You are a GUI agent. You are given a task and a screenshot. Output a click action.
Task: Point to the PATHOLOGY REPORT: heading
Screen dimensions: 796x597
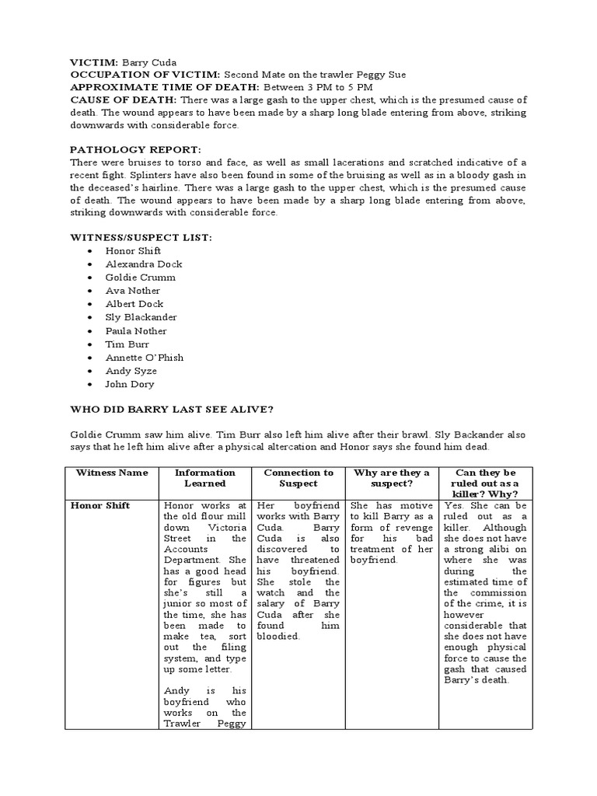pyautogui.click(x=135, y=149)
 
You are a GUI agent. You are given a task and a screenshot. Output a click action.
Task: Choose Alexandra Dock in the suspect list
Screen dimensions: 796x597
pyautogui.click(x=144, y=264)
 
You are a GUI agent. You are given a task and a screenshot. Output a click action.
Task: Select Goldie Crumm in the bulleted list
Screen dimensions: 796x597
pyautogui.click(x=140, y=278)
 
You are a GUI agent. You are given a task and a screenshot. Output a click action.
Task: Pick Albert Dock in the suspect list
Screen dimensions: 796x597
pyautogui.click(x=134, y=304)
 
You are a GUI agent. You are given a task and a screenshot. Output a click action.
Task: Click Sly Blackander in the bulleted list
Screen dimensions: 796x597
pyautogui.click(x=141, y=317)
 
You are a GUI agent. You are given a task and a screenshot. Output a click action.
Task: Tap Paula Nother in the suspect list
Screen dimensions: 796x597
pyautogui.click(x=136, y=331)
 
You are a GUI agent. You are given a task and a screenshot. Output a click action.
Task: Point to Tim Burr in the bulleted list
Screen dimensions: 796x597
pyautogui.click(x=127, y=344)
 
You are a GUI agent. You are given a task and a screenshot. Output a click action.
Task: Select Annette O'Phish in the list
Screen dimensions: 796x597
pyautogui.click(x=145, y=358)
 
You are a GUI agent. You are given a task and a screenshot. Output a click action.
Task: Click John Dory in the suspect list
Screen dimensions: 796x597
pyautogui.click(x=130, y=384)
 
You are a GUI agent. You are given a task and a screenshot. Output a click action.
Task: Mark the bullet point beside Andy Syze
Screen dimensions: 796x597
pyautogui.click(x=91, y=372)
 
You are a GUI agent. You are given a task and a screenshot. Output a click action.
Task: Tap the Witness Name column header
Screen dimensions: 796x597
pyautogui.click(x=112, y=473)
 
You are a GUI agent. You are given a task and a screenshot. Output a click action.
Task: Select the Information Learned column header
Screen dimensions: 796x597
pyautogui.click(x=204, y=477)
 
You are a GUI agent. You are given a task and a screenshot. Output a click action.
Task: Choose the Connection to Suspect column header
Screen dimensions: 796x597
pyautogui.click(x=298, y=477)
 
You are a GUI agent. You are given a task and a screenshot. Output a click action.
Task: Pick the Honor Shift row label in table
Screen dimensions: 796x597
pyautogui.click(x=100, y=506)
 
